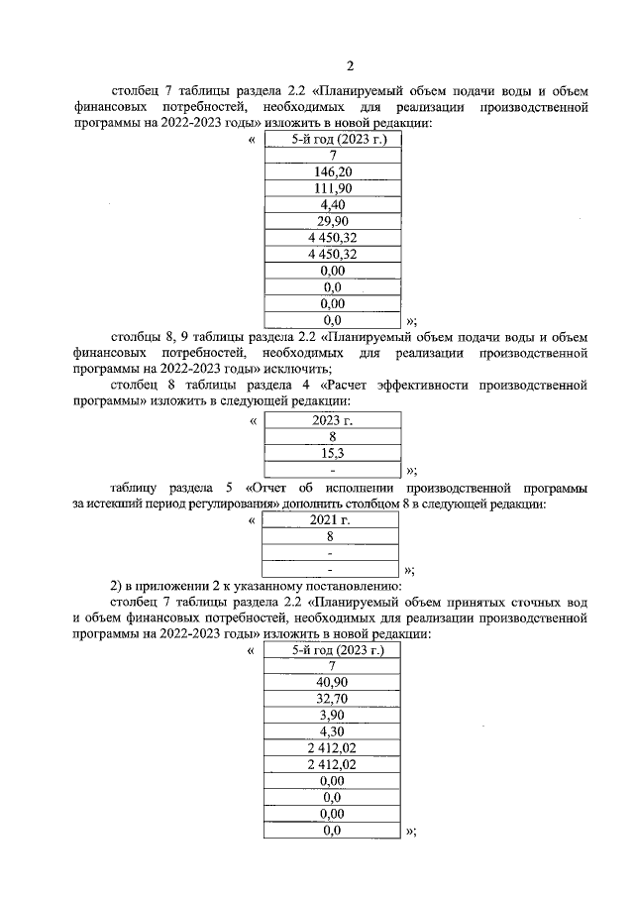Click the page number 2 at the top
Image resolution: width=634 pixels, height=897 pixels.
click(349, 66)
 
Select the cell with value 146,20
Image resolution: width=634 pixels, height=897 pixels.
click(333, 171)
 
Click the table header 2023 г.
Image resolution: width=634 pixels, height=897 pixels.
click(333, 420)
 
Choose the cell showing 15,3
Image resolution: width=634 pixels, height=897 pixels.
click(333, 453)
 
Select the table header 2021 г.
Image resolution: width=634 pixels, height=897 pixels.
click(333, 520)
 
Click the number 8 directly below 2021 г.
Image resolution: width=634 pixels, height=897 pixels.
click(333, 536)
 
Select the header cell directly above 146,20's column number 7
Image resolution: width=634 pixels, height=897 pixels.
click(333, 140)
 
